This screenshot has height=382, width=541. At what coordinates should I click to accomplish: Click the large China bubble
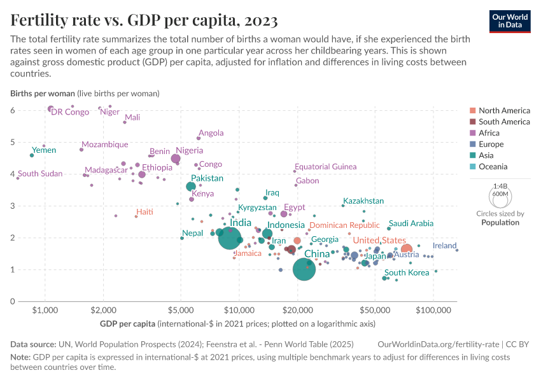305,269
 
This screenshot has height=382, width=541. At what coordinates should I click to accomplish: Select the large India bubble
230,237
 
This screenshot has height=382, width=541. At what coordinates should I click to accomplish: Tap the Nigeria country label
189,150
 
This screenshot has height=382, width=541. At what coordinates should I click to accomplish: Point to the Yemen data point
32,155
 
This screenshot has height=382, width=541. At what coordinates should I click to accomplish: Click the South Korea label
407,272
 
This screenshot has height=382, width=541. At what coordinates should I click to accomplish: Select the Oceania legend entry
493,167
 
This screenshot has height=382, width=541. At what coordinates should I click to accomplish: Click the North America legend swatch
472,111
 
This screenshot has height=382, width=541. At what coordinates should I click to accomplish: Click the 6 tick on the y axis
13,110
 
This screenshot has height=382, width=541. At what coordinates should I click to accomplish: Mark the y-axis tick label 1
13,269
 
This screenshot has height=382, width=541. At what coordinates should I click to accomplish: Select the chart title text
144,21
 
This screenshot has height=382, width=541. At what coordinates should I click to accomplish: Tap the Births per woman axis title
41,93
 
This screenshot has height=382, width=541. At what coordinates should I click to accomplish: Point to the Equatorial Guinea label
325,167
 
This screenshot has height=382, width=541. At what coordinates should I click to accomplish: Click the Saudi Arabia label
411,223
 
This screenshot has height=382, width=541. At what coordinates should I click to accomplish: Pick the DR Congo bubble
51,109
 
